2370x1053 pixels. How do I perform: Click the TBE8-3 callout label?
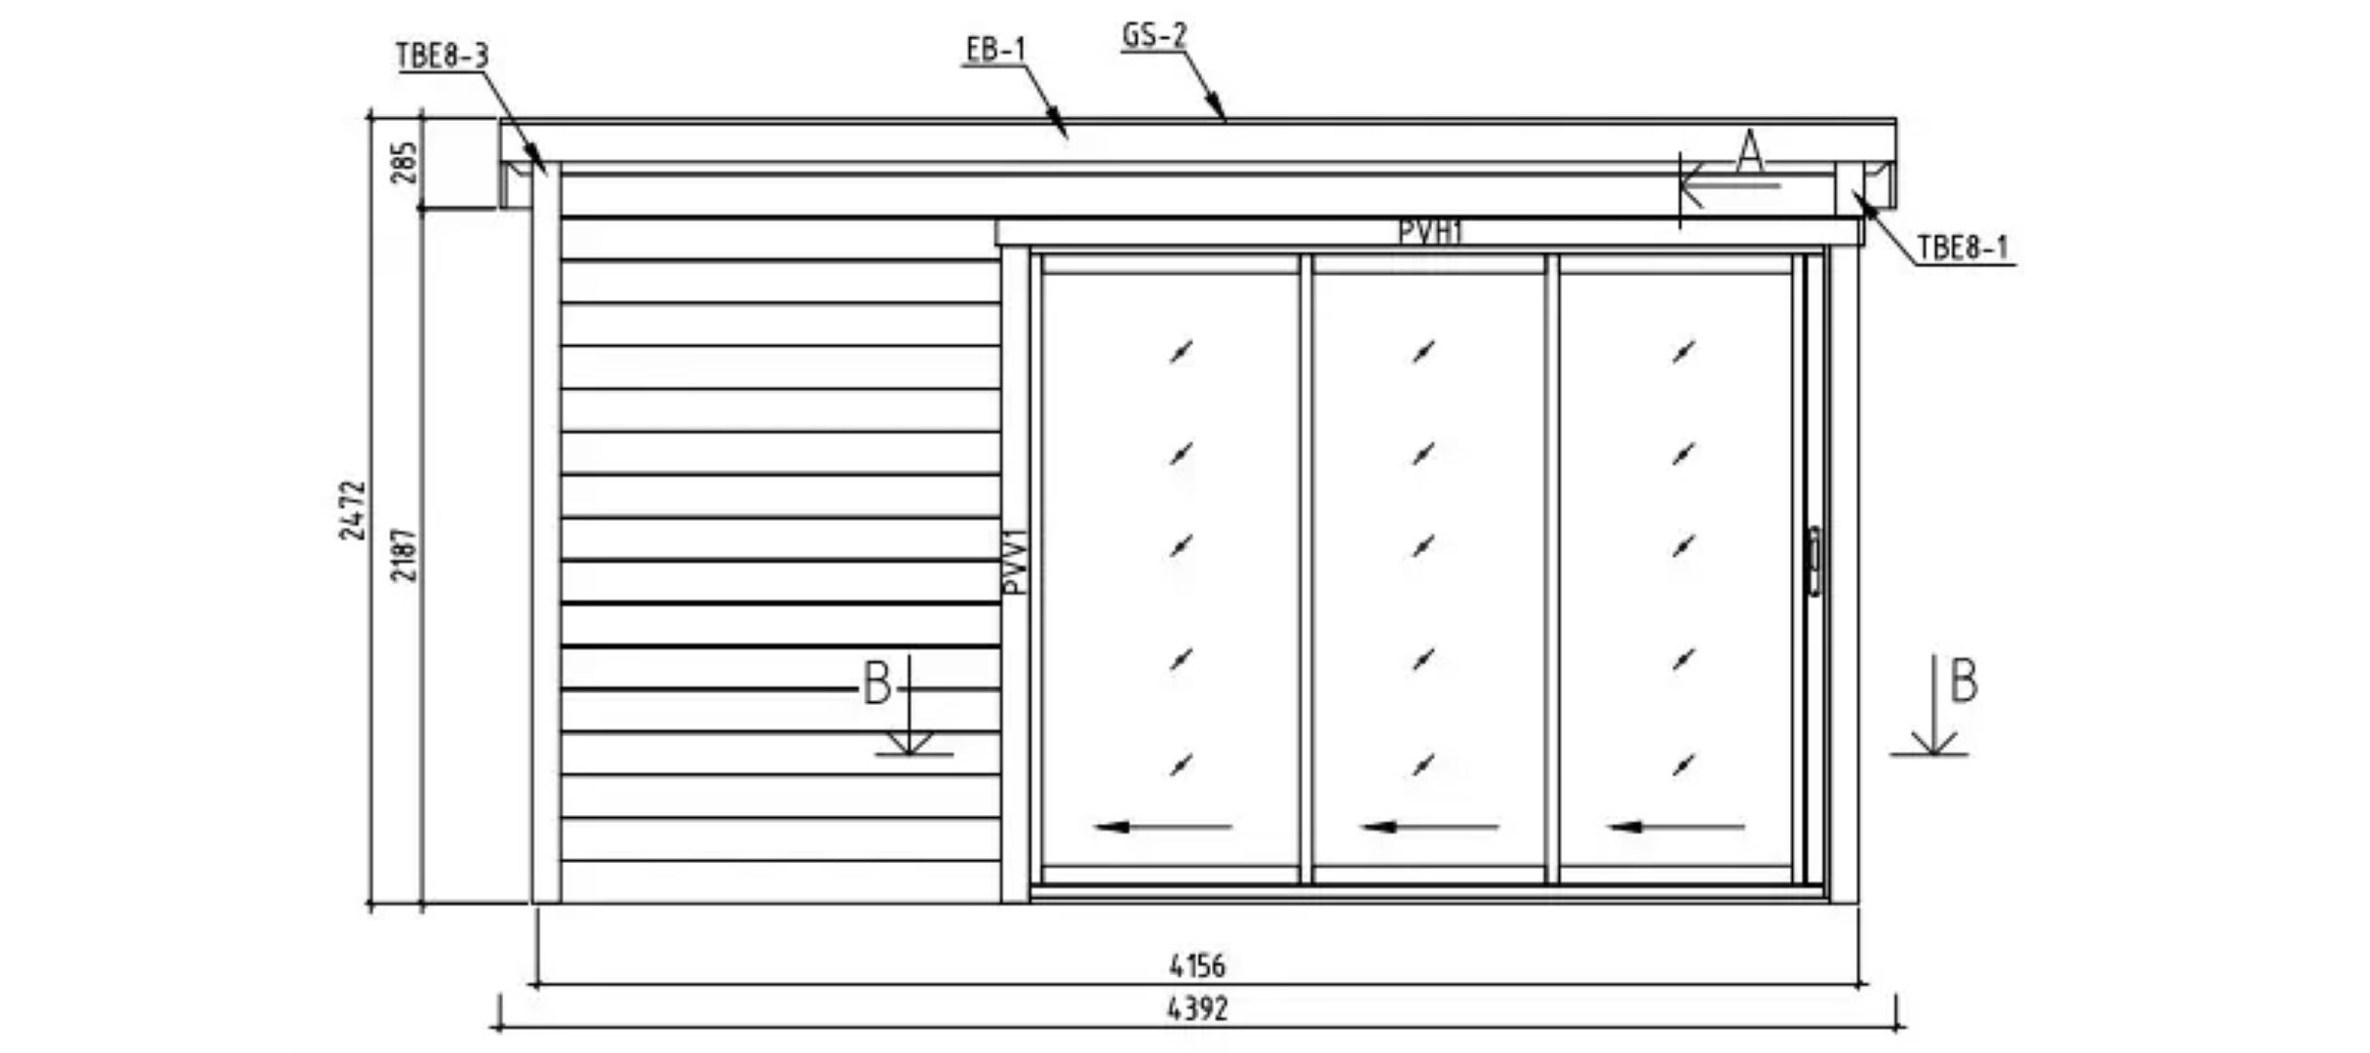click(442, 56)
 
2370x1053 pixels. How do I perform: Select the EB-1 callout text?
click(996, 49)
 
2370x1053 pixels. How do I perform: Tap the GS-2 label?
click(1154, 35)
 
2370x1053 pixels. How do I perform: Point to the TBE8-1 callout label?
click(1963, 248)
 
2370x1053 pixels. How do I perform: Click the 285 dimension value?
click(405, 163)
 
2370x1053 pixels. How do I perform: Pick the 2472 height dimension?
click(353, 510)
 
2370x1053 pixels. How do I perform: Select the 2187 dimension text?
click(405, 555)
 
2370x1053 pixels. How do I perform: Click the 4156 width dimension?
click(1197, 965)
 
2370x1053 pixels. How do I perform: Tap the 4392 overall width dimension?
click(1197, 1008)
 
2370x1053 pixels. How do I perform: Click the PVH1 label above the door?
click(1430, 232)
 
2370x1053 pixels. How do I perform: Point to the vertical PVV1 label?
click(1015, 562)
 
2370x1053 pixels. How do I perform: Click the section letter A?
click(1750, 152)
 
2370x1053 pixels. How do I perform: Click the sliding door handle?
click(1813, 561)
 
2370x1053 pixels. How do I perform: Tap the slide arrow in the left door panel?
click(1163, 827)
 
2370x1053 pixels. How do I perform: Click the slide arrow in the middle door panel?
click(1429, 827)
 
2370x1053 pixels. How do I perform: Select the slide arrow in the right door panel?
click(1676, 827)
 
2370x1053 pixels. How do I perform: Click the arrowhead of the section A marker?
click(1692, 184)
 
